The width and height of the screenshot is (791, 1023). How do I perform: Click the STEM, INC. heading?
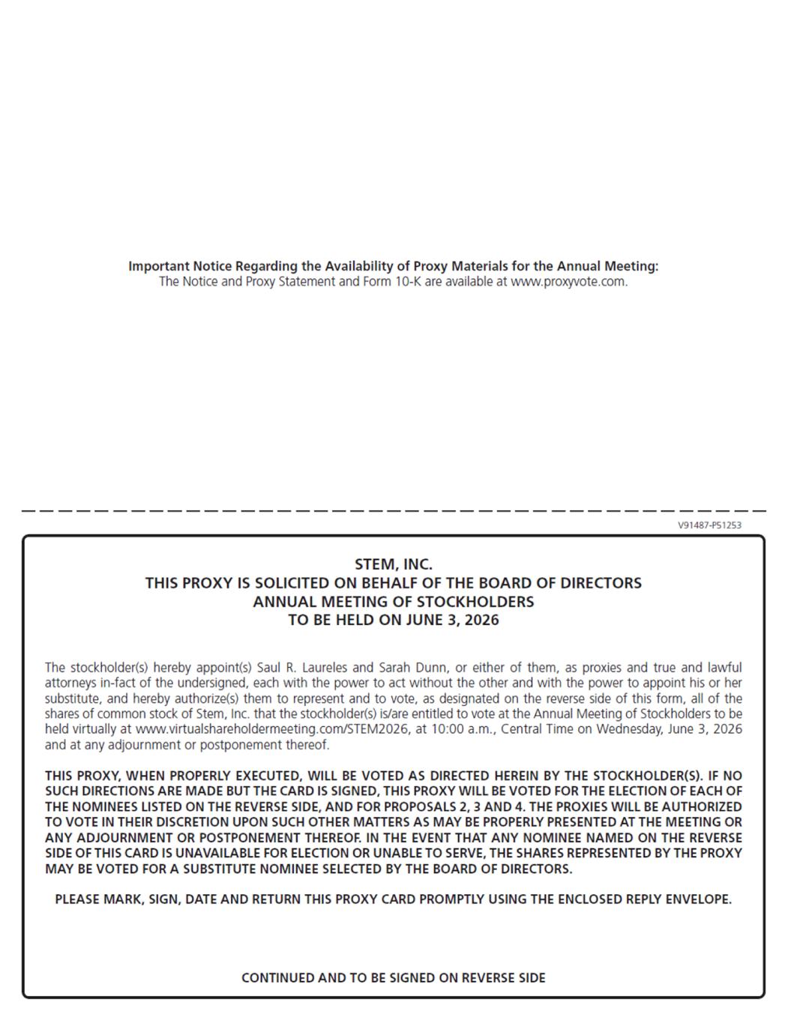click(394, 564)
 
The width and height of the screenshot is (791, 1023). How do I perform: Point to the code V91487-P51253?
click(709, 525)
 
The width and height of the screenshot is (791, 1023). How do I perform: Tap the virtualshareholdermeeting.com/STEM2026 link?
click(273, 729)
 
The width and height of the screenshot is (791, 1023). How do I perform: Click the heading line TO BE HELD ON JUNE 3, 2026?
click(394, 620)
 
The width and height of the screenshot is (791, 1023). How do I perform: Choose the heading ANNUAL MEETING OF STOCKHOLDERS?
click(394, 601)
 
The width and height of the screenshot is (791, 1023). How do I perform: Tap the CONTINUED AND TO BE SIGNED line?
click(394, 977)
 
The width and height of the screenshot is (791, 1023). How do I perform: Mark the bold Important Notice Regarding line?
click(394, 266)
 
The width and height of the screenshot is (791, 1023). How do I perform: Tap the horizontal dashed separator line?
click(394, 510)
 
